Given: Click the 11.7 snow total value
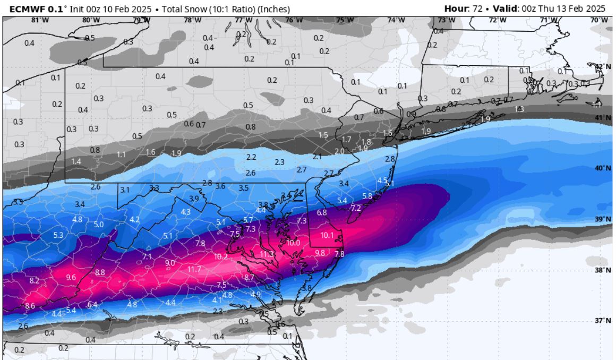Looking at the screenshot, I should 194,270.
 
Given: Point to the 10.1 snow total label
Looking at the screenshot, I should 327,235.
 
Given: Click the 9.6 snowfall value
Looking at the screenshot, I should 71,278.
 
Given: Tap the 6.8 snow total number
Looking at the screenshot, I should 322,212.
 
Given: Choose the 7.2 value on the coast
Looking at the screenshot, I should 356,208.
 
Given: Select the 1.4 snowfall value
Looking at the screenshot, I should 76,161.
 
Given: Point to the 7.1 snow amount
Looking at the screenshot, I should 147,257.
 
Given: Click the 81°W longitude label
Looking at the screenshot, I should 36,20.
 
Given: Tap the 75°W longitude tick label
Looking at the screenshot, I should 344,20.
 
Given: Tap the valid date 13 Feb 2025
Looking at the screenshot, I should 579,8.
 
